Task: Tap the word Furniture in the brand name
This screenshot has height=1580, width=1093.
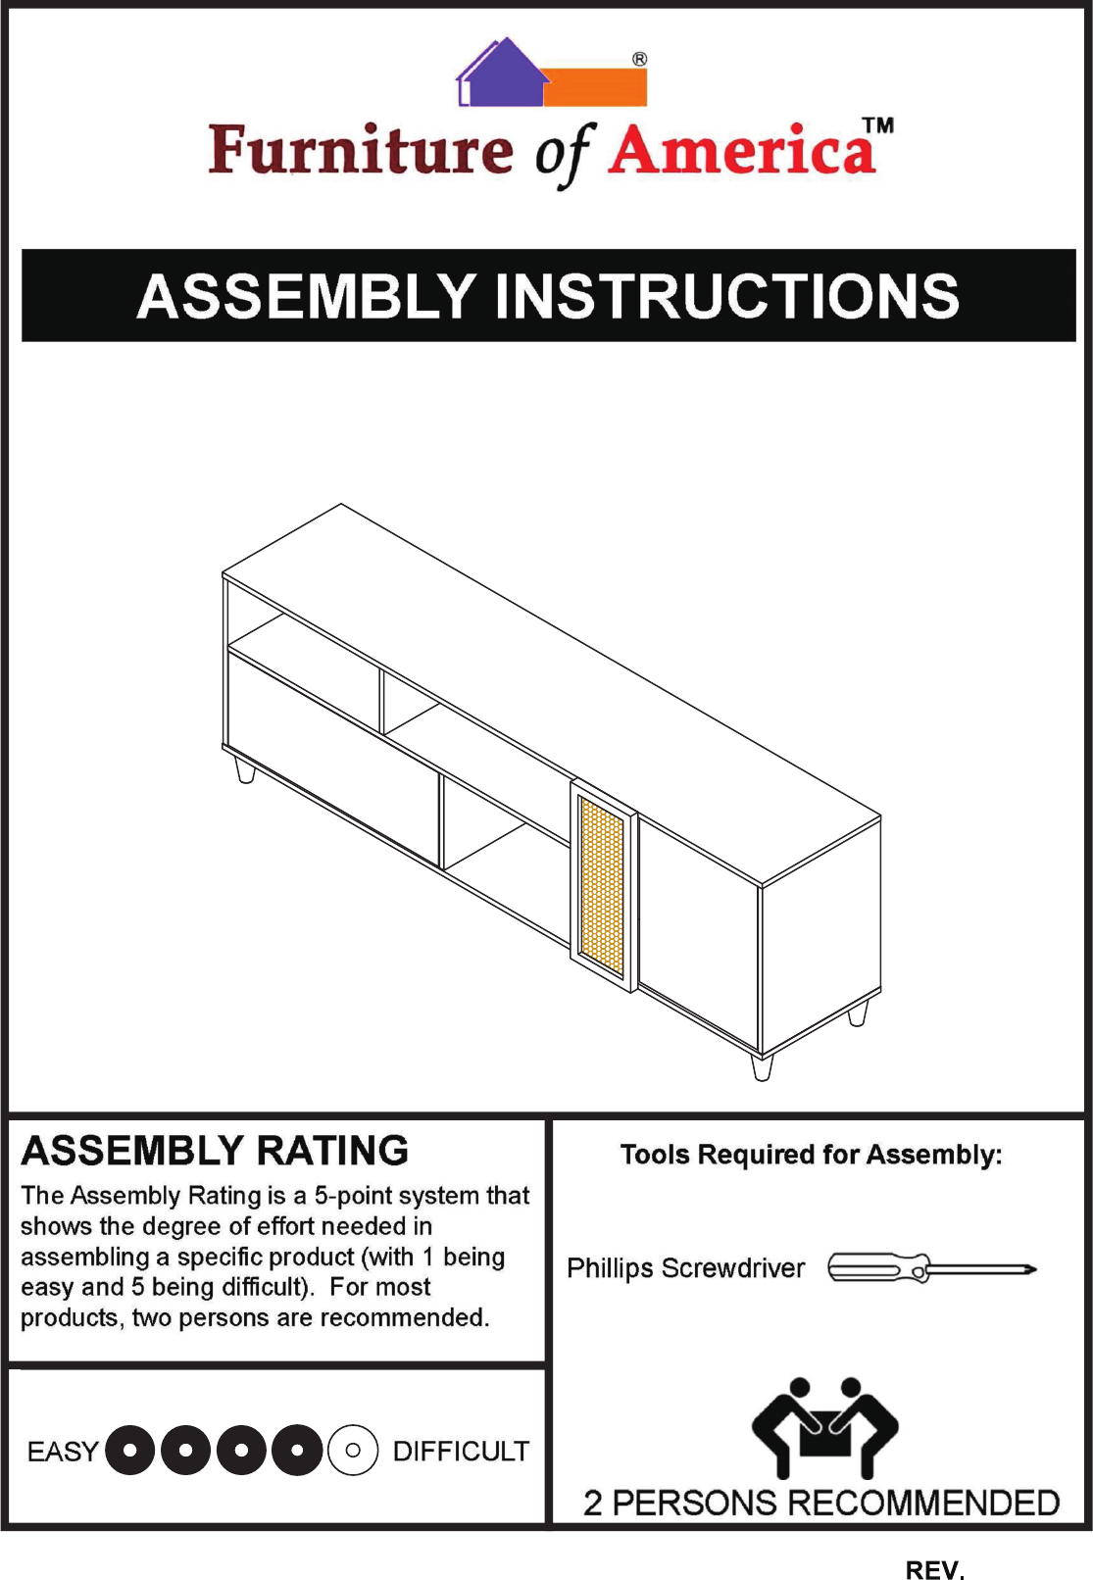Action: coord(360,150)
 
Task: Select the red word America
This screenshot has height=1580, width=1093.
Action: coord(742,151)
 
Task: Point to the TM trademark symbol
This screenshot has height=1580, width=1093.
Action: coord(878,125)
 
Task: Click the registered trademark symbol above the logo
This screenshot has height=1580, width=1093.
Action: coord(639,59)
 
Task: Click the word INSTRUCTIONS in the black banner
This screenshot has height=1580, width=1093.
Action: coord(726,296)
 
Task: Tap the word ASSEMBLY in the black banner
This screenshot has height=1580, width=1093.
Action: coord(307,296)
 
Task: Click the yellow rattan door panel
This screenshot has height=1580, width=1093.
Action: coord(601,885)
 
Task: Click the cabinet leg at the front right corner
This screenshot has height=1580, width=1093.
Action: coord(762,1066)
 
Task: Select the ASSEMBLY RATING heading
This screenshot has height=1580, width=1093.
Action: coord(215,1151)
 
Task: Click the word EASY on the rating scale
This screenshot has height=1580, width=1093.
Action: coord(63,1451)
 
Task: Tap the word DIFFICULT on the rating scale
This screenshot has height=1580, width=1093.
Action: coord(461,1451)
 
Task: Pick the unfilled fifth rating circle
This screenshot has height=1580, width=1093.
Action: coord(353,1450)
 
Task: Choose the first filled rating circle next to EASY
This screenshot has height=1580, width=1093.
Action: coord(129,1450)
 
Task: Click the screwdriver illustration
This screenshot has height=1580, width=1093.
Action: coord(931,1268)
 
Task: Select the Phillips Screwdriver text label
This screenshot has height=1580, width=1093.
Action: coord(685,1268)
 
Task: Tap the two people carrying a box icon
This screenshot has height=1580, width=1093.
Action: coord(824,1427)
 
